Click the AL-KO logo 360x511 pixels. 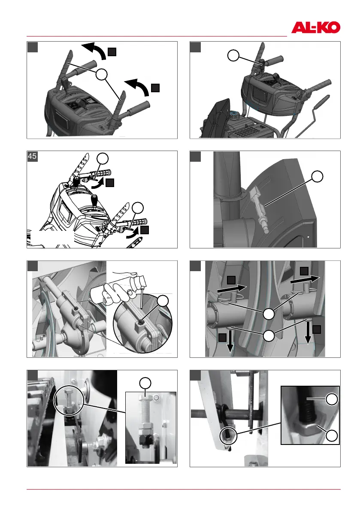click(315, 27)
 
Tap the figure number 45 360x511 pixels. click(32, 156)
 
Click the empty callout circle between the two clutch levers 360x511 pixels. click(102, 75)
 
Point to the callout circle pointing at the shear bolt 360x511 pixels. click(317, 176)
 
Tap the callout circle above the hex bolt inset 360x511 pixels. click(145, 383)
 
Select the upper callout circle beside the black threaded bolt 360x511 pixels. click(332, 399)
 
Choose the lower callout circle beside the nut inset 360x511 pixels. click(332, 435)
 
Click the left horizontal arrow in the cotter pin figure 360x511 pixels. click(232, 288)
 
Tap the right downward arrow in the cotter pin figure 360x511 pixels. click(308, 332)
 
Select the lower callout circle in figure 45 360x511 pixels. click(138, 208)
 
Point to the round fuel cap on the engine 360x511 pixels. click(234, 115)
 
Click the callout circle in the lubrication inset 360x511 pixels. click(163, 301)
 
